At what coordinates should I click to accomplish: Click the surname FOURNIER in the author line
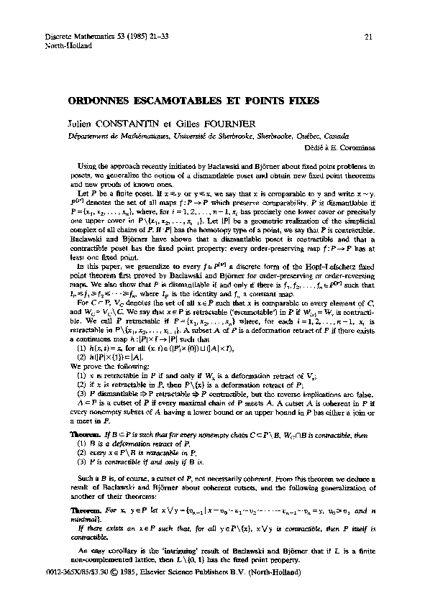229,124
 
